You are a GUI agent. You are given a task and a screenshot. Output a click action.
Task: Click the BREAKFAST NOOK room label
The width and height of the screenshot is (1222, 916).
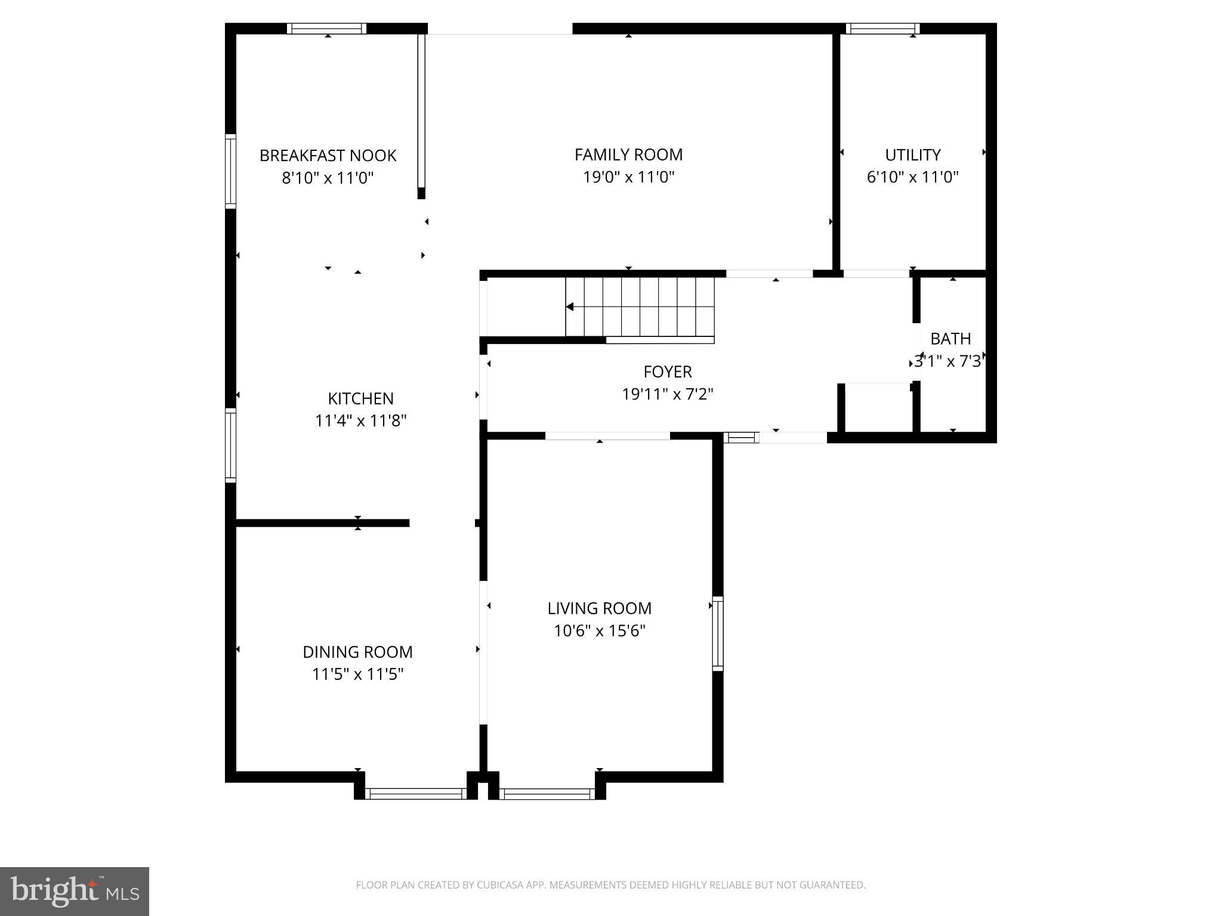click(328, 156)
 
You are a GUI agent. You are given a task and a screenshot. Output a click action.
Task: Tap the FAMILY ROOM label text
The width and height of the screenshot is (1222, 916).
click(628, 154)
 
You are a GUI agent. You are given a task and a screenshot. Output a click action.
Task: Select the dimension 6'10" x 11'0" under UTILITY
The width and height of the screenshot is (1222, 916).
click(912, 177)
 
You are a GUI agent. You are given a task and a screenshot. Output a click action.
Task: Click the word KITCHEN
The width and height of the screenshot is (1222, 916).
click(360, 398)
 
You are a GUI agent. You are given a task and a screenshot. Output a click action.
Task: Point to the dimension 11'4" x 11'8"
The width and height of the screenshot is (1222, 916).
click(360, 421)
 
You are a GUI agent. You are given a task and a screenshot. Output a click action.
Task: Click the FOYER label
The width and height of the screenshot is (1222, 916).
click(667, 372)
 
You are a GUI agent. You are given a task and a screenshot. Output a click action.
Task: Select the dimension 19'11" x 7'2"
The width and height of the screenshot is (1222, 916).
click(667, 394)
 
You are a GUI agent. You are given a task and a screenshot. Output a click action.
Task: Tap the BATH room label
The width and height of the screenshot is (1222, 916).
click(950, 339)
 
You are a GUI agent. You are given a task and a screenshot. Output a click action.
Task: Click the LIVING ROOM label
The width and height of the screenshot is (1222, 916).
click(599, 608)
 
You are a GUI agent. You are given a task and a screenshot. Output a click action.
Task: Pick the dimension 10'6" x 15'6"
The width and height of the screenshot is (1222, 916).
click(599, 631)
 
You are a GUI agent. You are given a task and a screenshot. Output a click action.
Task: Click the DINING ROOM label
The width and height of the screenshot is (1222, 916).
click(357, 652)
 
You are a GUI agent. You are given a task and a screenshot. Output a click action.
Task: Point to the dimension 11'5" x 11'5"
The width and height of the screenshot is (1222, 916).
click(357, 674)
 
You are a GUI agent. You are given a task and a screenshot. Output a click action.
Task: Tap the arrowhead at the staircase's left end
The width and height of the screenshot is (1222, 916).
click(570, 307)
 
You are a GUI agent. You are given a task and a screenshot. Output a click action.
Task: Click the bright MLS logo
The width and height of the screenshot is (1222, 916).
click(74, 891)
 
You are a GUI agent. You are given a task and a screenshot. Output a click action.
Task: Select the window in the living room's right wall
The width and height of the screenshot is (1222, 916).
click(718, 633)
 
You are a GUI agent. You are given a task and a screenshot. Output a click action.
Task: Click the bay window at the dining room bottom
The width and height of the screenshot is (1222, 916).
click(415, 793)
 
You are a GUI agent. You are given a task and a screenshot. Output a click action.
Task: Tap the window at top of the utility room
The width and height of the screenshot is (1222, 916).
click(882, 28)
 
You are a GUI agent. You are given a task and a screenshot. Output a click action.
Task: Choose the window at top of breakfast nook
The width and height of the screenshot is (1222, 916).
click(326, 28)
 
